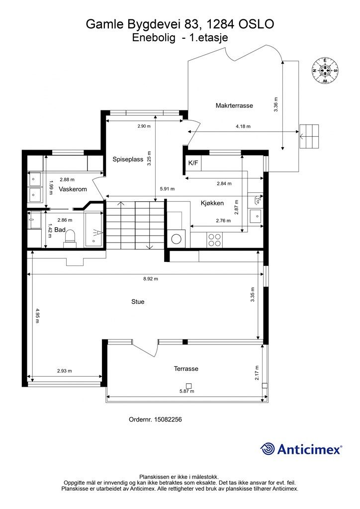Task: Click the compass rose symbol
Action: [325, 71]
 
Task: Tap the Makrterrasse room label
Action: [234, 105]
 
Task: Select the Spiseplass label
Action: [128, 160]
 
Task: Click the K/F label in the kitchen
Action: [193, 163]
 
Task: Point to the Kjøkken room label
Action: [212, 203]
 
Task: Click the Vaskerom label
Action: [73, 189]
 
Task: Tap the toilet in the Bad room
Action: [70, 237]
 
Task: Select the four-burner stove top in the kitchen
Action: [214, 240]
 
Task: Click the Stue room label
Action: [138, 302]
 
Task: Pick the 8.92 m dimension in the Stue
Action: [151, 279]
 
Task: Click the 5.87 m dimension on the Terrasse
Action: [186, 392]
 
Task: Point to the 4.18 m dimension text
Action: [243, 127]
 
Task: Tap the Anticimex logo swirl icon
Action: [268, 449]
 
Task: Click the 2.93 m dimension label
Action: [64, 371]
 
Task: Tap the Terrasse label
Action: [186, 369]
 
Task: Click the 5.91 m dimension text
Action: [167, 189]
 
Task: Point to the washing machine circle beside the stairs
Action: [177, 240]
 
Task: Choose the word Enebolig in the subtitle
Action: [154, 38]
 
